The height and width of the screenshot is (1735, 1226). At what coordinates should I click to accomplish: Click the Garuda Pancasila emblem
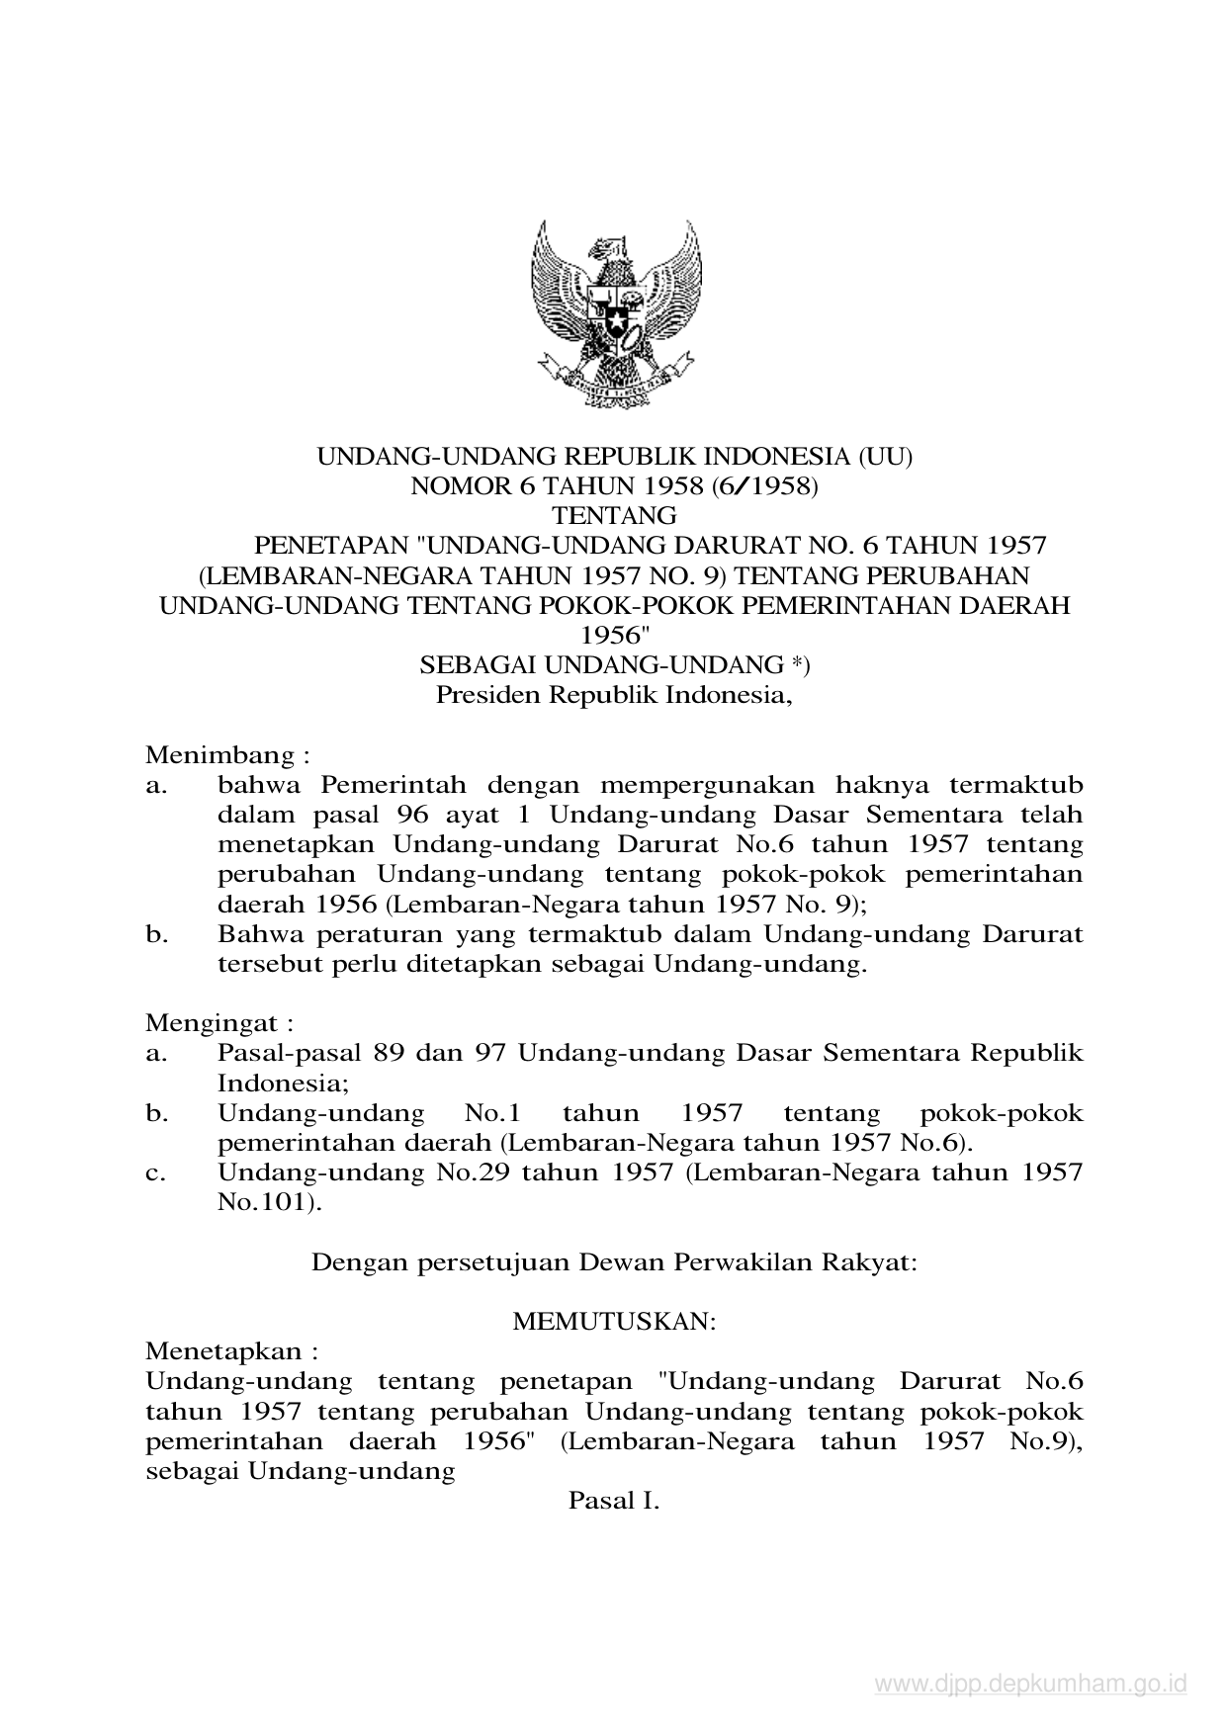click(x=614, y=312)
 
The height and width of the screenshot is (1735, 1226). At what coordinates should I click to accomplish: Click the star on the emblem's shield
click(x=614, y=321)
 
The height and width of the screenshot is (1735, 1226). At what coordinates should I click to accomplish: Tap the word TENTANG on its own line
click(x=613, y=515)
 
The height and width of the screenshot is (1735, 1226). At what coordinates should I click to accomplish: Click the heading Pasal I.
click(x=613, y=1501)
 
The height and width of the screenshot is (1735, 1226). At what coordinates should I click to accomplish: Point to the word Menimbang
click(x=220, y=756)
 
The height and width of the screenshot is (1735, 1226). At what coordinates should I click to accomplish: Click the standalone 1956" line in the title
click(x=613, y=635)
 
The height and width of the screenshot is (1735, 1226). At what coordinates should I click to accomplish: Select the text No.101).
click(x=270, y=1203)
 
